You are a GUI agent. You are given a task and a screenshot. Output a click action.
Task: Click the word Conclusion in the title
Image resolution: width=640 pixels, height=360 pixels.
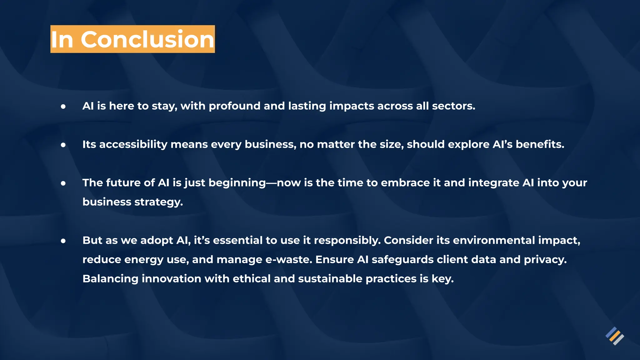coord(147,39)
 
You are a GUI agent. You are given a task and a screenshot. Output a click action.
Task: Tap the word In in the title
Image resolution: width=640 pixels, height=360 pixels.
coord(62,39)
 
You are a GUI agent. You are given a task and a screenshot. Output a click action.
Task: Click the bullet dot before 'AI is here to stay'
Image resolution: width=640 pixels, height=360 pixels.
coord(63,107)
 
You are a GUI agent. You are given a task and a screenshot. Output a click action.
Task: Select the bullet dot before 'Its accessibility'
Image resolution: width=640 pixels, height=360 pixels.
coord(63,145)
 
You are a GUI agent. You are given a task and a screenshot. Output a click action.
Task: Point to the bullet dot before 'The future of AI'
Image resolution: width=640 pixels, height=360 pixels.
coord(63,183)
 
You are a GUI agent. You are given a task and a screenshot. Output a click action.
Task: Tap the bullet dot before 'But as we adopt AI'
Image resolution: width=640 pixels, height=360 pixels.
coord(63,241)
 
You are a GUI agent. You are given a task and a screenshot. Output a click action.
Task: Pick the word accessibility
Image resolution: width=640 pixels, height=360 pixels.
coord(133,145)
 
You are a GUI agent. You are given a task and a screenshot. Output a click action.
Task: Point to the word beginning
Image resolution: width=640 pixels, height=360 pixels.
coord(237,183)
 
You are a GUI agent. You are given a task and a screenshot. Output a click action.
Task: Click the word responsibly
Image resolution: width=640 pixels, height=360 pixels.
coord(347,241)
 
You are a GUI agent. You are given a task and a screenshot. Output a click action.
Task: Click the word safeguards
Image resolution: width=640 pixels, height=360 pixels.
coord(402,260)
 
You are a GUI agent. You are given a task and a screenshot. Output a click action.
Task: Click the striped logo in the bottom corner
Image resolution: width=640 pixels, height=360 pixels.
coord(615,336)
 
